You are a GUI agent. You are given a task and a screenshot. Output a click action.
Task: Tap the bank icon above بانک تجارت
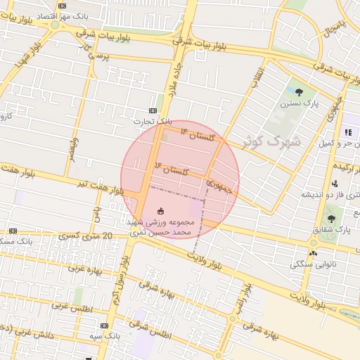153,111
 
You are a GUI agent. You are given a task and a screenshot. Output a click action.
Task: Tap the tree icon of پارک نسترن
300,91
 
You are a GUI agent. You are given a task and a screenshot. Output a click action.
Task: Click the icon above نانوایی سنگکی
312,253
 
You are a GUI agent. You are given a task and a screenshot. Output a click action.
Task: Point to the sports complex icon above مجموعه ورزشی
160,210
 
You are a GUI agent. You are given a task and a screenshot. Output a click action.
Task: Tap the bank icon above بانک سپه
105,326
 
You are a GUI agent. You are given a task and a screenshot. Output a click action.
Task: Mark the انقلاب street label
257,76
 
